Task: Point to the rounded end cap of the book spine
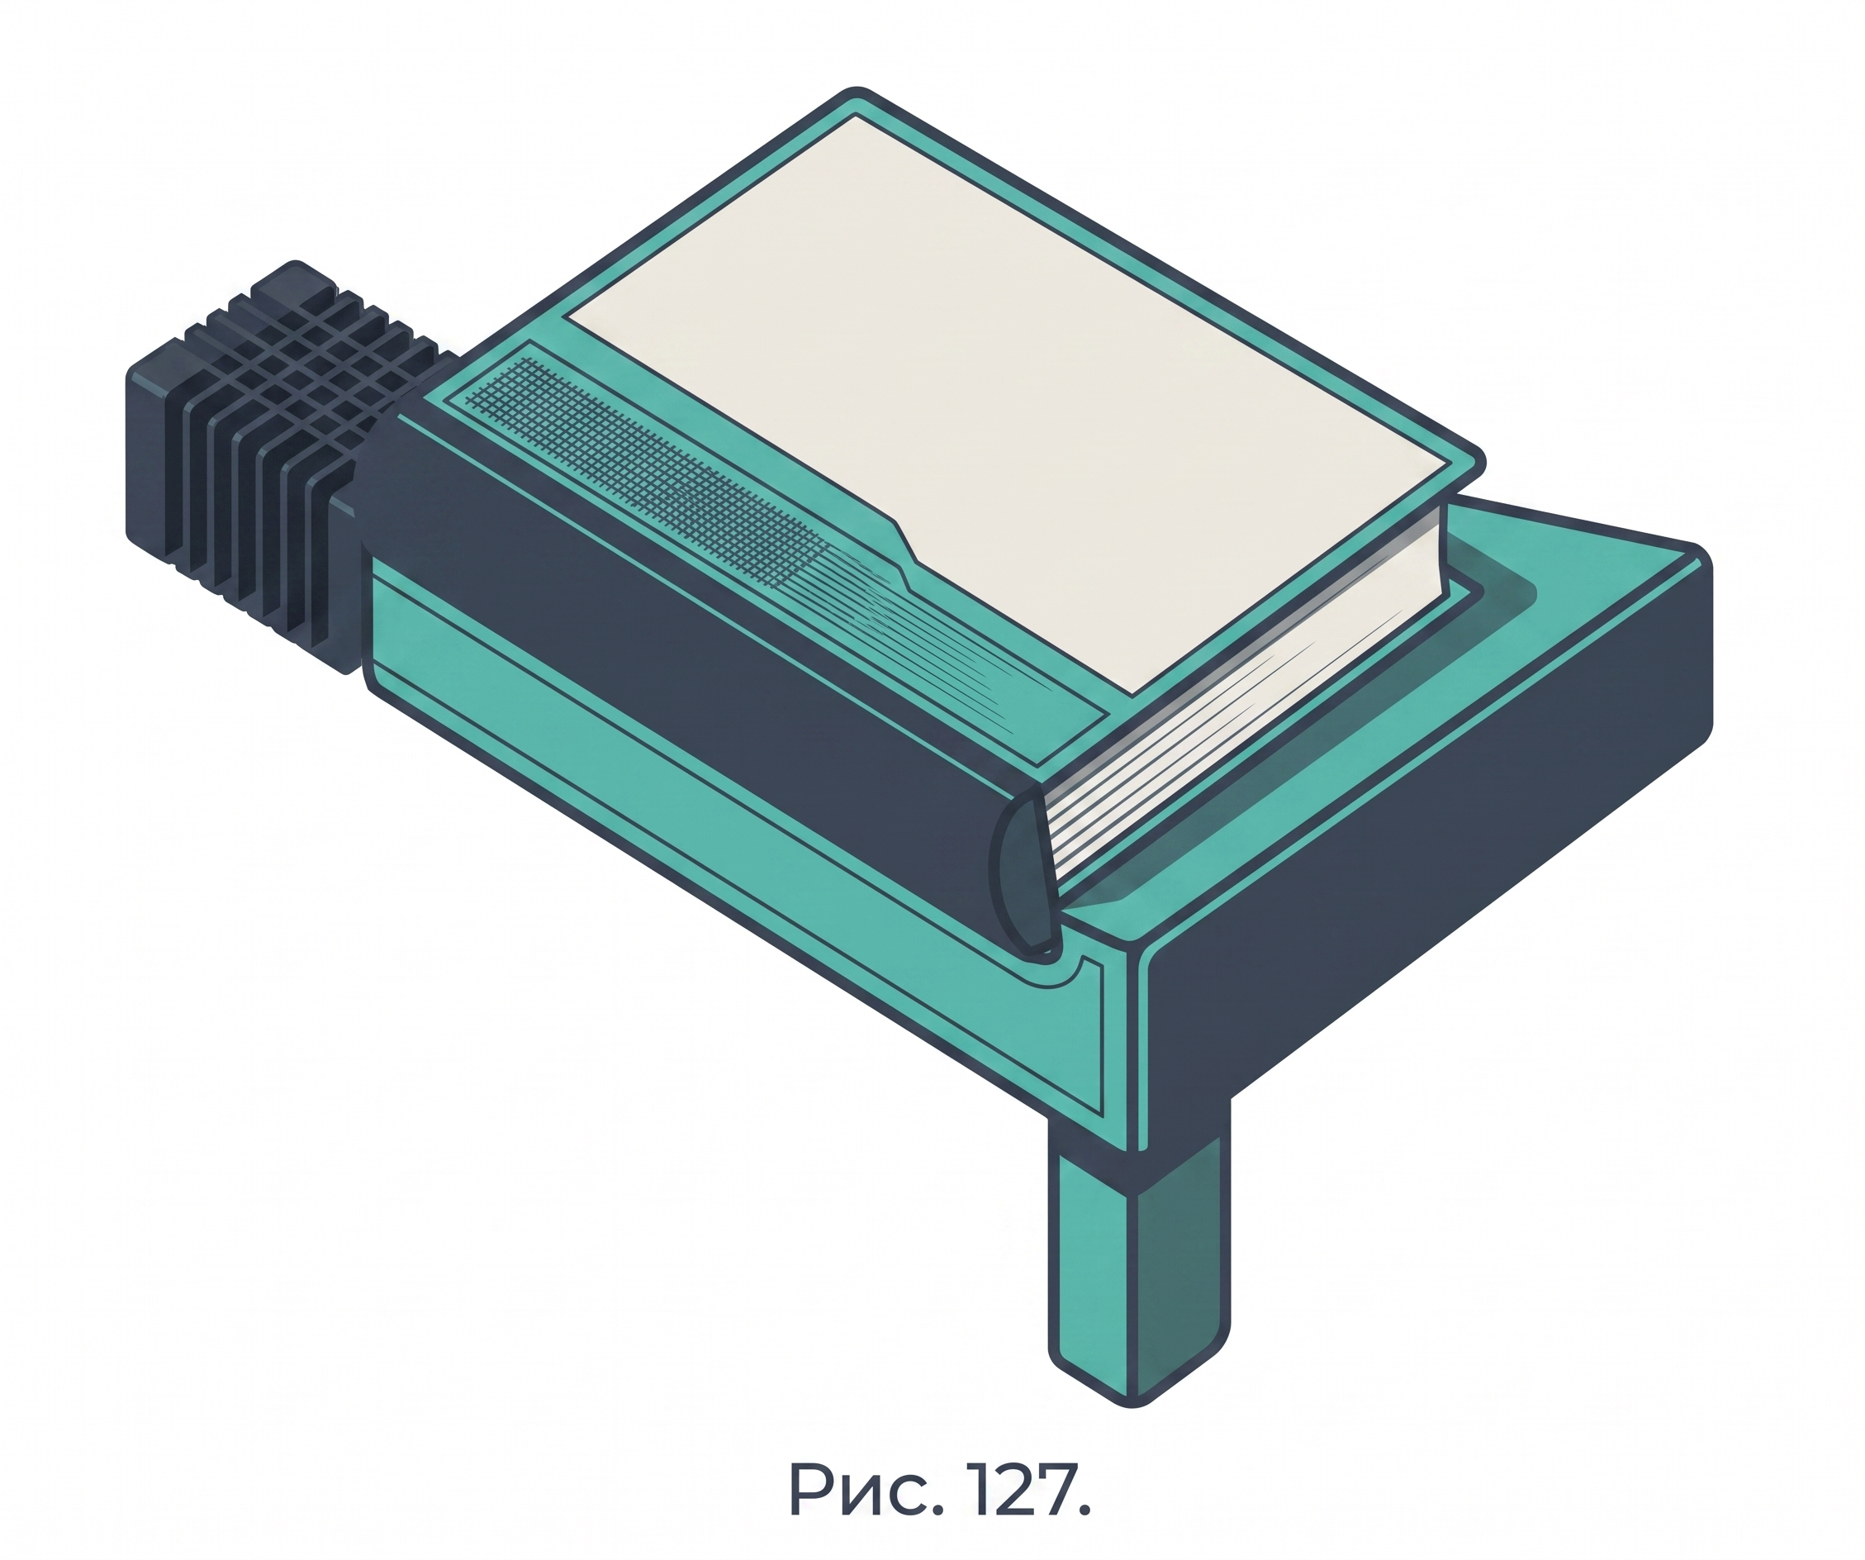[x=1026, y=875]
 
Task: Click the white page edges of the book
[x=1243, y=702]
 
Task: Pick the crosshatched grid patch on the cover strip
[x=639, y=471]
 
